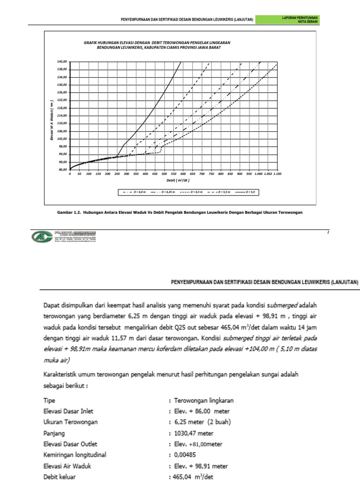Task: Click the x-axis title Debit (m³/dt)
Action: coord(174,180)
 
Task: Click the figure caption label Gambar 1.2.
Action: coord(68,212)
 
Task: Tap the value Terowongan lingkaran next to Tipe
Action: coord(204,401)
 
